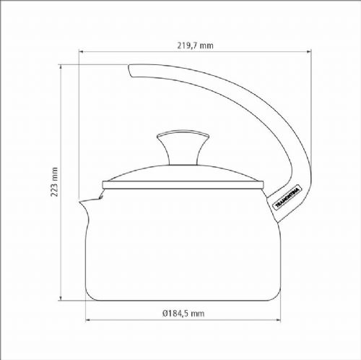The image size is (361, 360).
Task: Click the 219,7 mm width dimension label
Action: pos(195,46)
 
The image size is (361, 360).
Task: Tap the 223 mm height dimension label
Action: pos(54,182)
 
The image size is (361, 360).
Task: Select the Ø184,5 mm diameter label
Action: pos(183,313)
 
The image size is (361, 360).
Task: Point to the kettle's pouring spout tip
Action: pos(80,202)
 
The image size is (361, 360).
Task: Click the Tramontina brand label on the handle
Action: pos(287,197)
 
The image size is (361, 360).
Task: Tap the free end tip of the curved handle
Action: pos(130,70)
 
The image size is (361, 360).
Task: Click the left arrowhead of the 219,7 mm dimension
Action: pos(81,51)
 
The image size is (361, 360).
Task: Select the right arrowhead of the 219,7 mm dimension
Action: pos(309,51)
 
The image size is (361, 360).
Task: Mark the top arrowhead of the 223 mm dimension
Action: pos(61,67)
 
